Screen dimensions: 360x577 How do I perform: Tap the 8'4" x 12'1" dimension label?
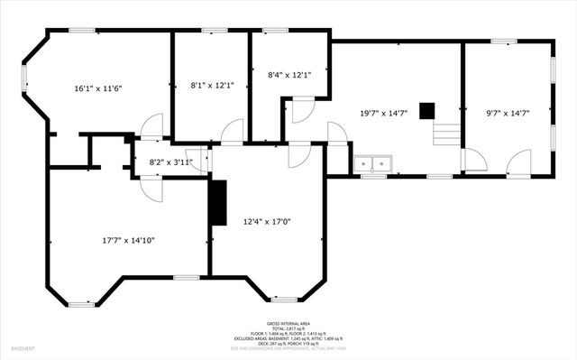click(x=289, y=75)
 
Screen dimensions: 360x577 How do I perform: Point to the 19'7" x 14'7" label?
click(x=384, y=113)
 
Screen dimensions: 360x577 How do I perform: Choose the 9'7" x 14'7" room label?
click(x=507, y=113)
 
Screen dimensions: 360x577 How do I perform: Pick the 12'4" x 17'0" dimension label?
click(x=267, y=221)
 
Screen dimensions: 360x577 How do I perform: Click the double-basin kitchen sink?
click(x=373, y=165)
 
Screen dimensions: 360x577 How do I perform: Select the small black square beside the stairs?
click(x=427, y=111)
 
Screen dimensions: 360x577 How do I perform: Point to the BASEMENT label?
click(x=23, y=348)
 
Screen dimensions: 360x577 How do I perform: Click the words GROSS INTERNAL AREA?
click(x=288, y=323)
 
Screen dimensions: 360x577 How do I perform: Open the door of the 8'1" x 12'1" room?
click(x=232, y=132)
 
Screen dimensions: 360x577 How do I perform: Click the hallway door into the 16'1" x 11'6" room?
click(x=151, y=127)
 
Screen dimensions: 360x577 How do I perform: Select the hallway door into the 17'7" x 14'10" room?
click(x=151, y=189)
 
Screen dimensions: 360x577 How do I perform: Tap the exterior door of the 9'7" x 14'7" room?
click(x=519, y=163)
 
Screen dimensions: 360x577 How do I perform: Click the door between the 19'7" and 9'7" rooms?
click(x=474, y=161)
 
